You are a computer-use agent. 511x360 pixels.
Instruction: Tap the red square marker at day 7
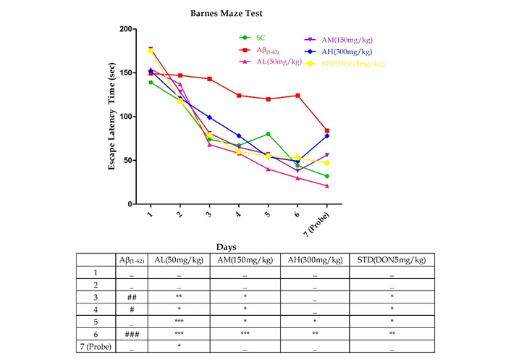[x=327, y=130]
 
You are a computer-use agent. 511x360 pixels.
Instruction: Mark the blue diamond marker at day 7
[x=327, y=136]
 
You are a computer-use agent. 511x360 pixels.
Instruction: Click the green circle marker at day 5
[x=268, y=134]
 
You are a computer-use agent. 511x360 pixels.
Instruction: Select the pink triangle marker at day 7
[x=327, y=185]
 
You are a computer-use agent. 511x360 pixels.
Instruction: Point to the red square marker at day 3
[x=209, y=79]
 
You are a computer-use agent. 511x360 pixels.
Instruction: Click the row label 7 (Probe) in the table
[x=96, y=347]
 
